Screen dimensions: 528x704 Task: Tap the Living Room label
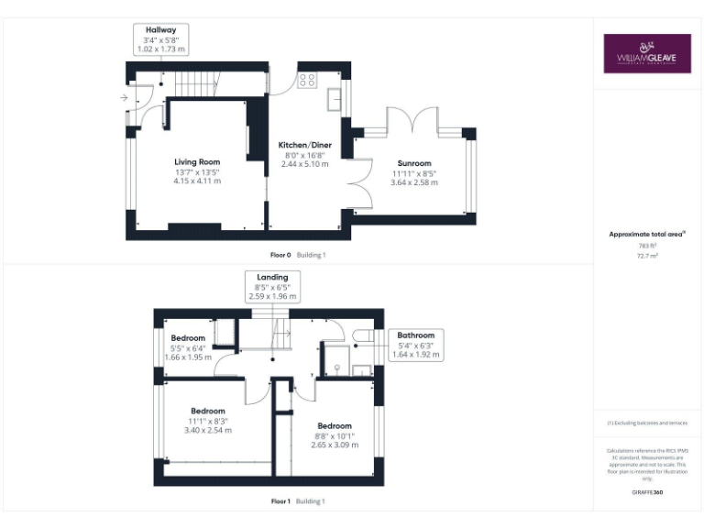coord(197,161)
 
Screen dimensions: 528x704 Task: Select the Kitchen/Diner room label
coord(304,145)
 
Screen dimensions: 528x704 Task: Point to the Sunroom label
coord(414,163)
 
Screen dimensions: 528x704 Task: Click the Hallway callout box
coord(160,39)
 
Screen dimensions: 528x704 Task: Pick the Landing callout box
coord(271,287)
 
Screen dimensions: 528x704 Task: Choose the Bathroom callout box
coord(415,345)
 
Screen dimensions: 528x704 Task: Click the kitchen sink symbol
coord(334,97)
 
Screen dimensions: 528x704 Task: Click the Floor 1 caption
coord(280,501)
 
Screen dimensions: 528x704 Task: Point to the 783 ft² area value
coord(647,246)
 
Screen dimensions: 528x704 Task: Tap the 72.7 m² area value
coord(647,257)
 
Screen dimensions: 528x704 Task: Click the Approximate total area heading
coord(647,235)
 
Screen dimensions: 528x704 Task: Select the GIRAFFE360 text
coord(647,493)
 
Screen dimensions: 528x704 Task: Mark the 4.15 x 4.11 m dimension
coord(197,181)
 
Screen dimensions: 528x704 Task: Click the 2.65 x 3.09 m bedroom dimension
coord(335,445)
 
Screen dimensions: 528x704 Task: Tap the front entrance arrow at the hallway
coord(124,96)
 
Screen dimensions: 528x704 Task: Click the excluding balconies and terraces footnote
coord(647,423)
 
